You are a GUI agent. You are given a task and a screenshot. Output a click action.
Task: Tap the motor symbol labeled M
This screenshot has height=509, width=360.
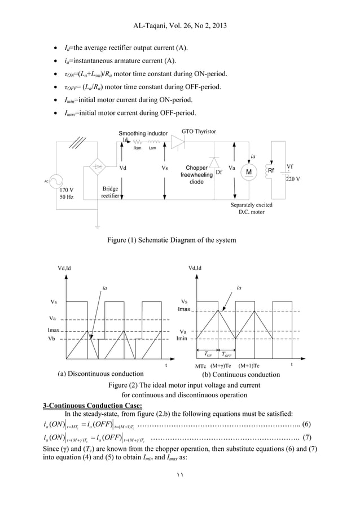coord(248,172)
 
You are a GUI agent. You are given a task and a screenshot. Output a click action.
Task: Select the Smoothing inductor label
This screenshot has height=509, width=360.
coord(143,134)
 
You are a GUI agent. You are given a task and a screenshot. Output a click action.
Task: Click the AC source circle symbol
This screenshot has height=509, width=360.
coord(55,182)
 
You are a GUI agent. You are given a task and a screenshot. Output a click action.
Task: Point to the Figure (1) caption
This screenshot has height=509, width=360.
coord(171,240)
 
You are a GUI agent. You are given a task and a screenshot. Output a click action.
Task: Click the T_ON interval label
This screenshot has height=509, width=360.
coord(206,355)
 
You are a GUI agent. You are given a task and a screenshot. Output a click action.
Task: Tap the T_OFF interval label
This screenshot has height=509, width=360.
coord(227,355)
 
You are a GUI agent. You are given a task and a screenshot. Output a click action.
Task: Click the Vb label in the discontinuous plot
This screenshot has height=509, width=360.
coord(52,339)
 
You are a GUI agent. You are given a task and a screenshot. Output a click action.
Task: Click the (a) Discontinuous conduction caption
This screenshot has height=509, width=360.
coord(100,374)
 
